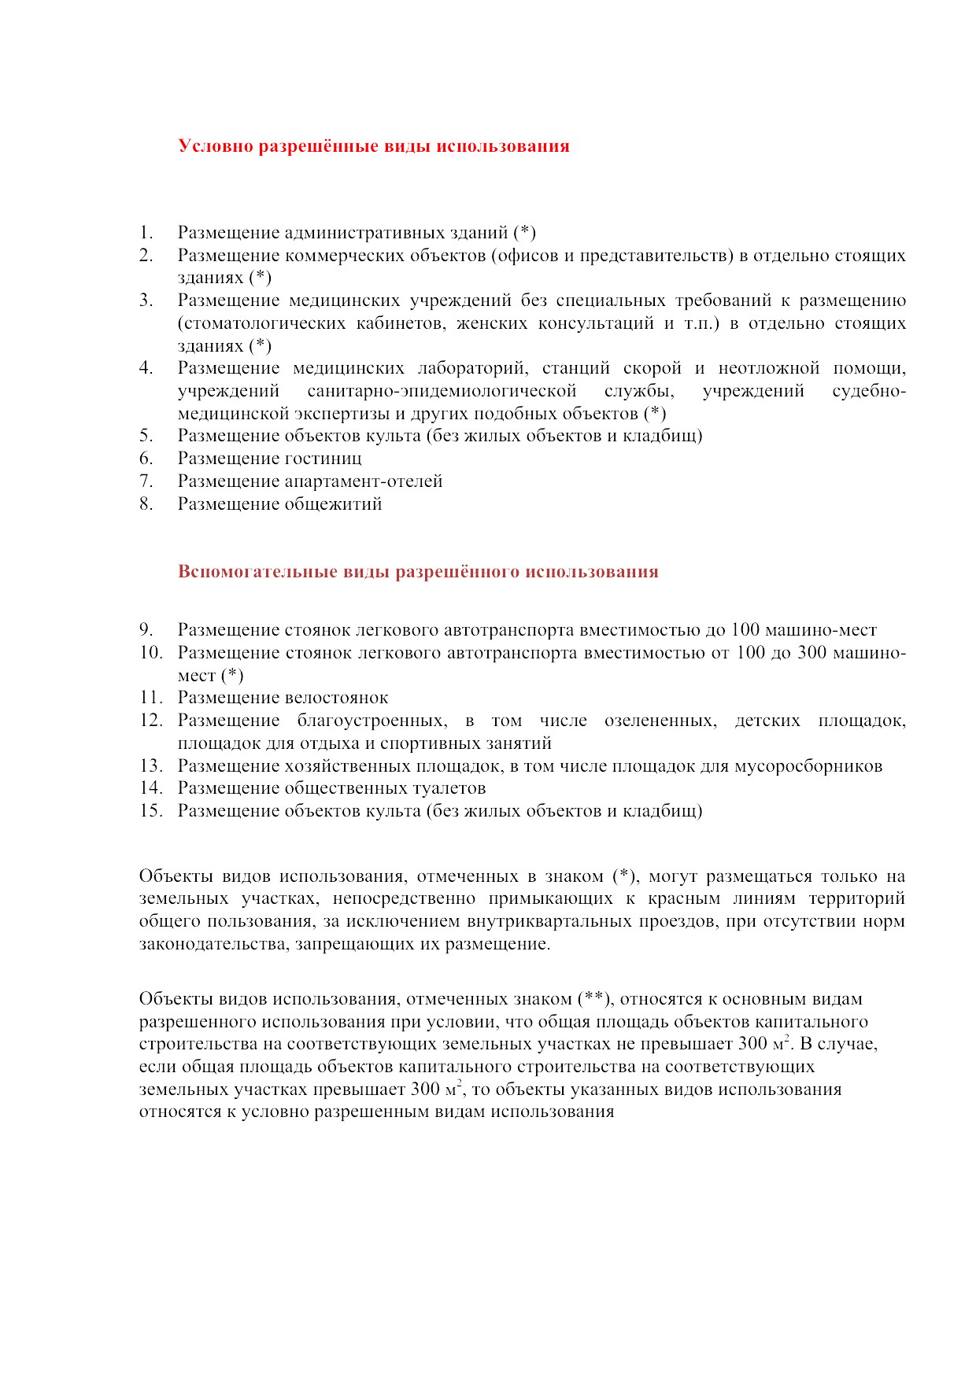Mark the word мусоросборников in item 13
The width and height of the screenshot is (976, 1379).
pyautogui.click(x=808, y=766)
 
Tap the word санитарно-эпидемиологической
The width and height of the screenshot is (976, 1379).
pyautogui.click(x=442, y=391)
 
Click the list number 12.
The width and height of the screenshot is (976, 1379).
pyautogui.click(x=151, y=721)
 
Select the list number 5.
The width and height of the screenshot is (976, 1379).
pyautogui.click(x=146, y=436)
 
